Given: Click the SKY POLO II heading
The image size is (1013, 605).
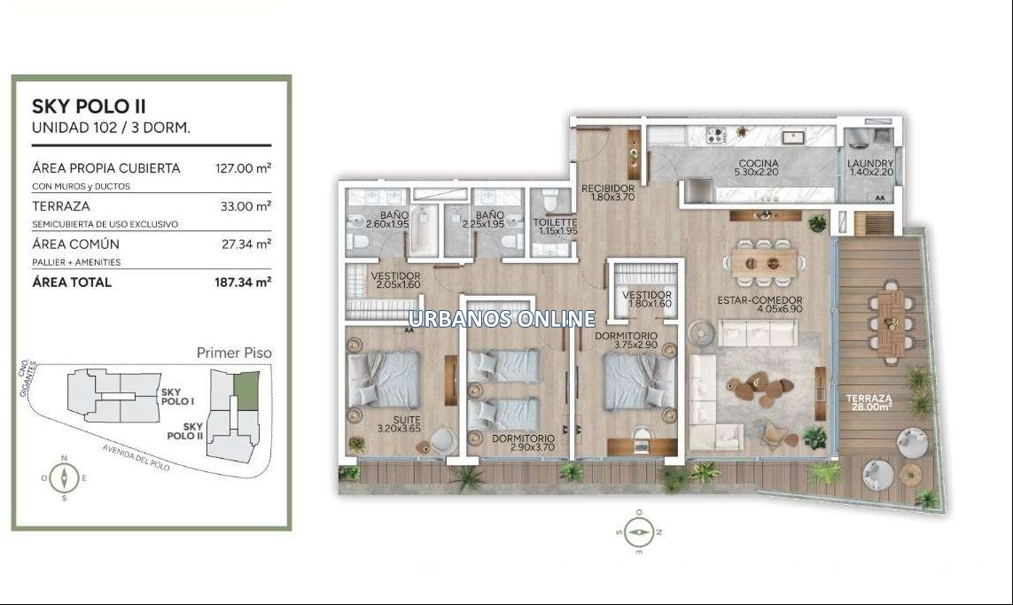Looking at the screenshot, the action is pyautogui.click(x=89, y=106).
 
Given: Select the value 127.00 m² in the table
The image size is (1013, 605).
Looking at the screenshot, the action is pyautogui.click(x=243, y=168).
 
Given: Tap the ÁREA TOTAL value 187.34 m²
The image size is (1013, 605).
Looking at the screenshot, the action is pyautogui.click(x=243, y=283).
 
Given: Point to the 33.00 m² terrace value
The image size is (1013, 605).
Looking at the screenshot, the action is pyautogui.click(x=245, y=206).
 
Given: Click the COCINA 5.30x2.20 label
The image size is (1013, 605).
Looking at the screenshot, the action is pyautogui.click(x=759, y=168).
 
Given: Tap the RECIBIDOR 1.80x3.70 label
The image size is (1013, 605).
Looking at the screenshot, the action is pyautogui.click(x=608, y=192).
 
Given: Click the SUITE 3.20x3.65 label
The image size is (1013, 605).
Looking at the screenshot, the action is pyautogui.click(x=399, y=424).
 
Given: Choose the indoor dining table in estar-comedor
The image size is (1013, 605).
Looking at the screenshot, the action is pyautogui.click(x=764, y=263).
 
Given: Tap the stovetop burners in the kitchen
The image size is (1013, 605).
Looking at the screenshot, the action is pyautogui.click(x=715, y=136).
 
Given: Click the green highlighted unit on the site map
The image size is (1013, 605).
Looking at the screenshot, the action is pyautogui.click(x=246, y=390).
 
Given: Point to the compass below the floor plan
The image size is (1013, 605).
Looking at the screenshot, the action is pyautogui.click(x=639, y=532).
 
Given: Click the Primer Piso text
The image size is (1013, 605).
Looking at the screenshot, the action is pyautogui.click(x=234, y=353).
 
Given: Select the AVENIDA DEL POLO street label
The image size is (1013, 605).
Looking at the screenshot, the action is pyautogui.click(x=136, y=458).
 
